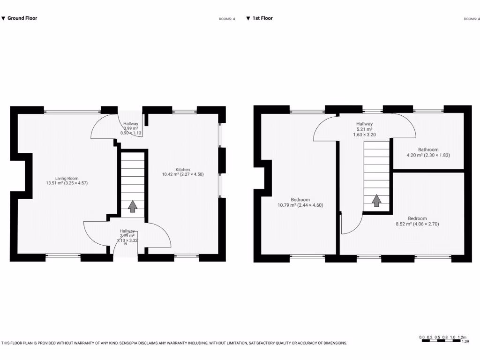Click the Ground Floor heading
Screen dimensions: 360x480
22,18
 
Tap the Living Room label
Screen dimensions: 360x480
67,178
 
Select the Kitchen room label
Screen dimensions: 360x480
183,169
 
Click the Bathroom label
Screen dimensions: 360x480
428,150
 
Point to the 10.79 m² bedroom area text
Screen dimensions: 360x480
300,205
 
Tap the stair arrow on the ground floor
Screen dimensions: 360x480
133,206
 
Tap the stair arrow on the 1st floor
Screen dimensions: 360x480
376,201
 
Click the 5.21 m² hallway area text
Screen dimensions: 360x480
364,129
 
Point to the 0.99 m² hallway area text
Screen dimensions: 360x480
131,128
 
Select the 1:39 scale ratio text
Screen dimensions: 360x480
465,342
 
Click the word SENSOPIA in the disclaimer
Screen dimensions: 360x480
127,343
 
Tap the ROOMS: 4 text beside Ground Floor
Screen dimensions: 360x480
227,19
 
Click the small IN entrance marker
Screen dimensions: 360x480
125,244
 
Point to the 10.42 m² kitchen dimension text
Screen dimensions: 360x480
183,174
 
